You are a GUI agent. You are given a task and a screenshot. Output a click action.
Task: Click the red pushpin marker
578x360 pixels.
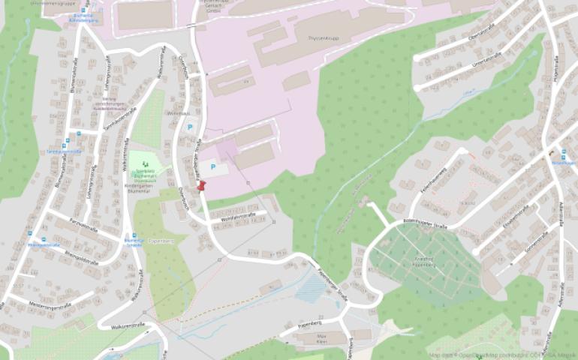(x=200, y=184)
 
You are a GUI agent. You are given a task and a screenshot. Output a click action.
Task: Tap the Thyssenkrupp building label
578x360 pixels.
(x=324, y=36)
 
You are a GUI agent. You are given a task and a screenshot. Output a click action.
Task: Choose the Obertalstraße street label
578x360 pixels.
(x=478, y=35)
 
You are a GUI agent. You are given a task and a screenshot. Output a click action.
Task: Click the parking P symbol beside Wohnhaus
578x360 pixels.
(x=188, y=128)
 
